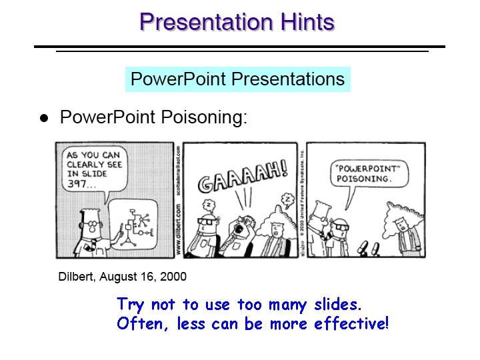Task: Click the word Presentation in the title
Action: [206, 23]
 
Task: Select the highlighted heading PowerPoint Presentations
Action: [237, 79]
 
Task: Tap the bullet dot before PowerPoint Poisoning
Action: [43, 119]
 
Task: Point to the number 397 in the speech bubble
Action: [78, 185]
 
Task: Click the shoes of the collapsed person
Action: [366, 250]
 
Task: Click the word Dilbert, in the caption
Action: [77, 276]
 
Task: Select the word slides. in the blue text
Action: [336, 305]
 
